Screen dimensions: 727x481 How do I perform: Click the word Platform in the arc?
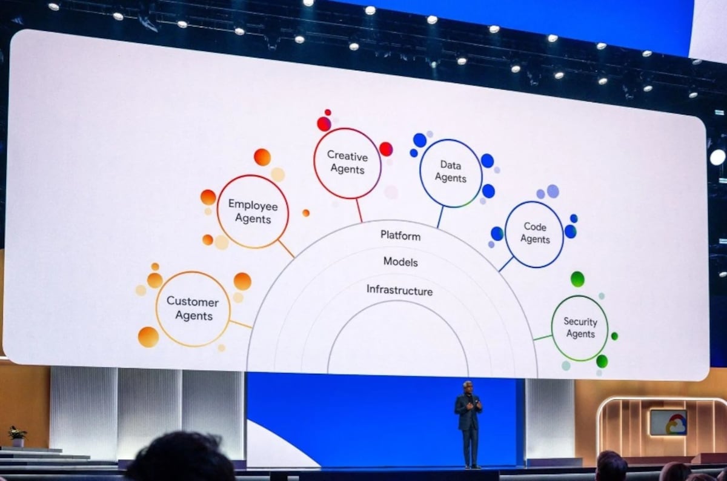[400, 236]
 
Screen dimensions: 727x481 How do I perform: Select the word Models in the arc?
[400, 262]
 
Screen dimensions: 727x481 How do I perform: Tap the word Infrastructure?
[399, 290]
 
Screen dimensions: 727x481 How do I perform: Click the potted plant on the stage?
[17, 437]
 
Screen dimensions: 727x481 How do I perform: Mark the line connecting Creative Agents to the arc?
[359, 210]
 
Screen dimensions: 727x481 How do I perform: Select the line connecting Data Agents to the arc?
[440, 217]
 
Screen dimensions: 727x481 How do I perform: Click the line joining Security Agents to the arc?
[542, 337]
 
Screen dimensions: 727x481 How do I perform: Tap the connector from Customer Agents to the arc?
[241, 324]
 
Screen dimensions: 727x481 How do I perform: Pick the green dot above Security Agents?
[577, 279]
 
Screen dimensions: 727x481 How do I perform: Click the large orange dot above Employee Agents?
[262, 157]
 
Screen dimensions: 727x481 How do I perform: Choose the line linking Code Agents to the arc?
[506, 264]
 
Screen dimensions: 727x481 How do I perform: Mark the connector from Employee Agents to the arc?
[286, 248]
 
